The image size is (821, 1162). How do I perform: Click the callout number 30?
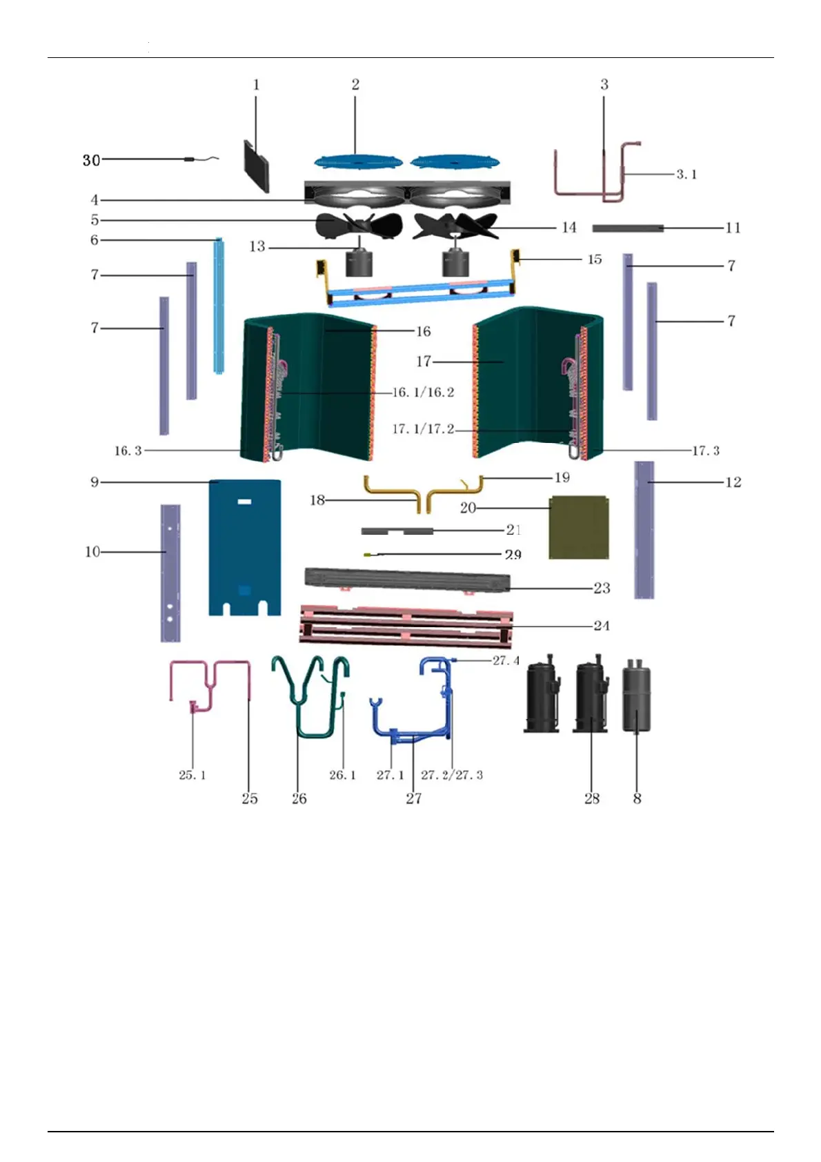point(91,160)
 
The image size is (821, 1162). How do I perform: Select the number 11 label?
point(733,228)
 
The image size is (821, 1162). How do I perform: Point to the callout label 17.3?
point(705,451)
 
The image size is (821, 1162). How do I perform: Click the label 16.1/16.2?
point(423,393)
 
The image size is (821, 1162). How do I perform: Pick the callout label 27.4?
point(506,660)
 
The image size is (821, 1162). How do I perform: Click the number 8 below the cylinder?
point(637,798)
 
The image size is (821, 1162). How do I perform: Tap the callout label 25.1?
point(192,775)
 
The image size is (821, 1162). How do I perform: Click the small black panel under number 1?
point(256,166)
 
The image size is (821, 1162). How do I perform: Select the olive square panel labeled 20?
point(579,528)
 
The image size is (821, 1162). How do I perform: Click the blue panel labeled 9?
point(244,545)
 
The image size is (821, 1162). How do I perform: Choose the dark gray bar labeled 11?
point(627,228)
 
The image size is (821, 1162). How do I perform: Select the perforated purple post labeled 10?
point(170,573)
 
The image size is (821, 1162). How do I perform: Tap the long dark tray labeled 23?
point(407,580)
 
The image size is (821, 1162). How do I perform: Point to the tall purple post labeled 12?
point(644,530)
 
